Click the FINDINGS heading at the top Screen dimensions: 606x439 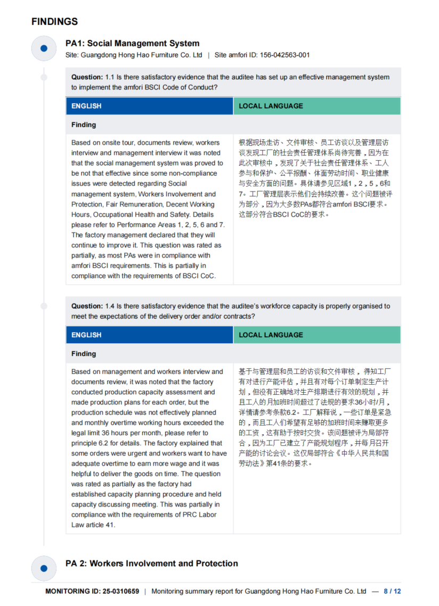(54, 22)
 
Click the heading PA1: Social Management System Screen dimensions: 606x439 (132, 44)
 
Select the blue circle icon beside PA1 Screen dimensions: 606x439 (44, 48)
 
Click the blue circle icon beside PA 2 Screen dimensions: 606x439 (44, 568)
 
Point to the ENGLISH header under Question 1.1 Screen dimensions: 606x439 (86, 106)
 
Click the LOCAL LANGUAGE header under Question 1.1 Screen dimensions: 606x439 (271, 106)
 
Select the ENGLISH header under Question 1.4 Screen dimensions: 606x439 (86, 335)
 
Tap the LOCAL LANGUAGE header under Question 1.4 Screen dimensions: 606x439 (271, 335)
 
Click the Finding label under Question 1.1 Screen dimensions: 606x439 (84, 125)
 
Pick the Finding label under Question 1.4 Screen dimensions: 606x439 (84, 354)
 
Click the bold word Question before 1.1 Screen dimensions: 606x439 (87, 77)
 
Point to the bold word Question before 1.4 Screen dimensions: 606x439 (87, 306)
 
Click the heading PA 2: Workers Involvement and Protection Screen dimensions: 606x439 (151, 563)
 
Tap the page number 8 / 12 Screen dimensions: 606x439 (392, 591)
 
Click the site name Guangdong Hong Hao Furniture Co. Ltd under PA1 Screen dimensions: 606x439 (142, 55)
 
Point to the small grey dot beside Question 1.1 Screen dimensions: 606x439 (44, 77)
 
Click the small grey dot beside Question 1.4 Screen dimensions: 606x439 (44, 306)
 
